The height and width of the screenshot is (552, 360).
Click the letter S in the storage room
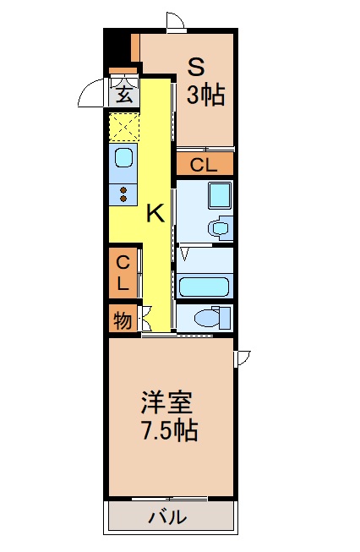(196, 65)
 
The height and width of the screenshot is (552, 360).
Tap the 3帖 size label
(205, 95)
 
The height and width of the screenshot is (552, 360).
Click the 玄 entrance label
(124, 94)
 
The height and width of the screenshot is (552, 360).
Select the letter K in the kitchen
(155, 213)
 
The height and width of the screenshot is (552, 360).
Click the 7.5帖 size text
(168, 431)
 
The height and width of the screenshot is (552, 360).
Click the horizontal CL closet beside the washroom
(204, 165)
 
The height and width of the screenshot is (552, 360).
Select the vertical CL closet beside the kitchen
(123, 272)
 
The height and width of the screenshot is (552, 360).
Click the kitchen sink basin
(123, 158)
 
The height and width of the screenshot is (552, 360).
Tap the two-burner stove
(123, 194)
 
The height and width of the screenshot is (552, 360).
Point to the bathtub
(204, 287)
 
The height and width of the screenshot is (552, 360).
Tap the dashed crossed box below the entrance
(123, 128)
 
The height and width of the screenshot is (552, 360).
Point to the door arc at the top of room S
(176, 22)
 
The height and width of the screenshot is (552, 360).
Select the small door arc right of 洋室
(243, 358)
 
